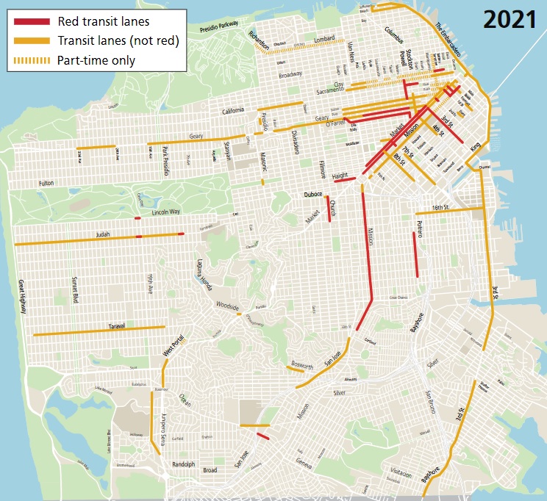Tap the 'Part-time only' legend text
[x=98, y=60]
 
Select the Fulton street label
[x=46, y=183]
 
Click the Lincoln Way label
[x=165, y=212]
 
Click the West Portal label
[x=174, y=347]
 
